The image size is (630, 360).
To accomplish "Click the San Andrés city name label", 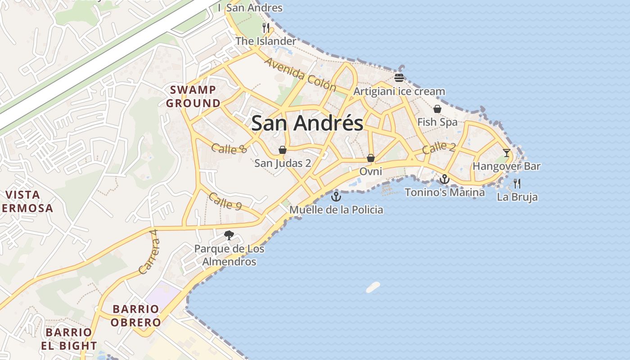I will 307,123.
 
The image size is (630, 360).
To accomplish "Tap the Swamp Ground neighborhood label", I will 193,96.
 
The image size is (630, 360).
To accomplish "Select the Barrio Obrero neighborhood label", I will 135,315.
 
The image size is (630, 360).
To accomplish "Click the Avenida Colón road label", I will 301,74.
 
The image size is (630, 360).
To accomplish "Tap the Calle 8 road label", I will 229,148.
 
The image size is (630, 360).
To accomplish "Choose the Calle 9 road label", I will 225,201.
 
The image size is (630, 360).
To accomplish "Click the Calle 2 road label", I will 439,147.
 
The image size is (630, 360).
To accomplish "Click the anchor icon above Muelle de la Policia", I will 336,197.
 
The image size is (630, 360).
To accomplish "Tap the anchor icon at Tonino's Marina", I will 445,179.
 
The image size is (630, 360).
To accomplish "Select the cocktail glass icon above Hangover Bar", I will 507,153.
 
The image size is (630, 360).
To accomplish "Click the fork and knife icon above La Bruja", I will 517,183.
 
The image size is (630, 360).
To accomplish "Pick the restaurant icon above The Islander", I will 266,28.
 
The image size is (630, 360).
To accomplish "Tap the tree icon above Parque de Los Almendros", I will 229,235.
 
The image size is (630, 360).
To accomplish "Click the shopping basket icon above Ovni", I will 371,158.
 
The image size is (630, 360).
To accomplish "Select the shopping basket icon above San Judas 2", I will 283,150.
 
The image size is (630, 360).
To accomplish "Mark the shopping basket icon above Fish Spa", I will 437,109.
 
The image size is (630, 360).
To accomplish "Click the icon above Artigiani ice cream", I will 399,77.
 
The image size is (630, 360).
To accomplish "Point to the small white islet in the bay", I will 373,287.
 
